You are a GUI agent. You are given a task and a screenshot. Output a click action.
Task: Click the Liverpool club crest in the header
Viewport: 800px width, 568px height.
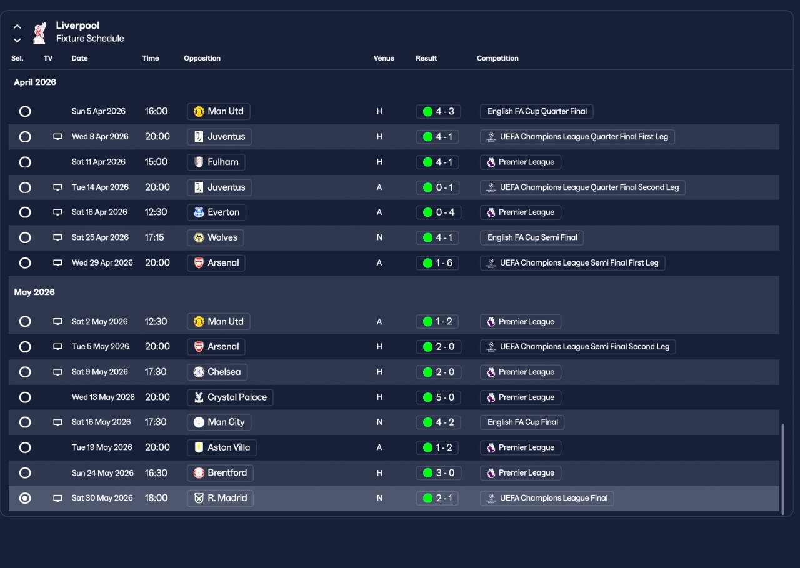[x=39, y=33]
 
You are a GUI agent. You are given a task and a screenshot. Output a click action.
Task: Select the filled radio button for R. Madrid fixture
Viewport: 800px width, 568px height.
[x=25, y=498]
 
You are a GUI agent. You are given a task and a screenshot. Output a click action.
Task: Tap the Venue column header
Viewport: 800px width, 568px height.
[x=384, y=58]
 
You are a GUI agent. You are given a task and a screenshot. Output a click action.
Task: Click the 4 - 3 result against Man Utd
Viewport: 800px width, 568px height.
[x=437, y=111]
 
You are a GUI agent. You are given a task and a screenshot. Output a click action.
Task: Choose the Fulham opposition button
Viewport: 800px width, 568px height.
[x=216, y=162]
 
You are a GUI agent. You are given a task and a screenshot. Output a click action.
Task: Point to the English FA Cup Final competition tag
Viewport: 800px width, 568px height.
[x=522, y=422]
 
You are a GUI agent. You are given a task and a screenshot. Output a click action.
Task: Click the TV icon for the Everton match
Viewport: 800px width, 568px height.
[x=57, y=212]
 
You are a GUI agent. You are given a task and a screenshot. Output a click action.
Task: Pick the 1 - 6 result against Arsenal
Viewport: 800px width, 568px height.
[x=437, y=262]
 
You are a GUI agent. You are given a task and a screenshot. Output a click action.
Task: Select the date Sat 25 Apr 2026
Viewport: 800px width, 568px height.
[x=100, y=237]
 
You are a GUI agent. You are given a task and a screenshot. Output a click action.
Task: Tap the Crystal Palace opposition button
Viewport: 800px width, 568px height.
[x=229, y=397]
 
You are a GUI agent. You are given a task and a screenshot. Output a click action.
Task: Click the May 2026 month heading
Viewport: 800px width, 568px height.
[x=34, y=292]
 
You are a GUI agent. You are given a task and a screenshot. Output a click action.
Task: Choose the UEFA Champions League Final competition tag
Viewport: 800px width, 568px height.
[x=547, y=498]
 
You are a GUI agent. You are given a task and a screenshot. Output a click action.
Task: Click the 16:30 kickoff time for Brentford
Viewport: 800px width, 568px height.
[x=156, y=472]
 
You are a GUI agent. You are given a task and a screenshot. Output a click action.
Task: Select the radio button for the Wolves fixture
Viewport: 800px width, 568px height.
[x=25, y=237]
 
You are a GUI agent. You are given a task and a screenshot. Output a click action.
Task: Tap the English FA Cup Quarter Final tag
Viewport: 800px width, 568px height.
[x=536, y=111]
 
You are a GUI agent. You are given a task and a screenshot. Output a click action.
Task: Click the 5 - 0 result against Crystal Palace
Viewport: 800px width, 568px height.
[x=437, y=397]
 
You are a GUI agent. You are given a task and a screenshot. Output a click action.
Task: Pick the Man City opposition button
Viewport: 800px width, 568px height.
[x=219, y=422]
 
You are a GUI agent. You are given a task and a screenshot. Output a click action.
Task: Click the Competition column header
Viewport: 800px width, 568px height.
[x=497, y=58]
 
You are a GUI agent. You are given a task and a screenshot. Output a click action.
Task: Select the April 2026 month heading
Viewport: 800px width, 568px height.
[x=35, y=82]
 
